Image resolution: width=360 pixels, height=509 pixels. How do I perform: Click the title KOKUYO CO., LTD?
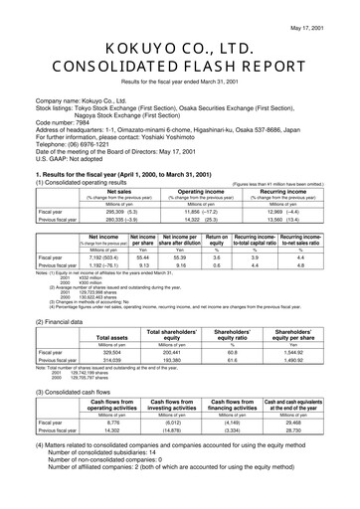[x=179, y=48]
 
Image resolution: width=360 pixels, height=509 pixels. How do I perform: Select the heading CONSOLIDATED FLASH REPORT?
[x=179, y=68]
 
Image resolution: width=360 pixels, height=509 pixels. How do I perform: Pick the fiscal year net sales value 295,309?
[x=103, y=212]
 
